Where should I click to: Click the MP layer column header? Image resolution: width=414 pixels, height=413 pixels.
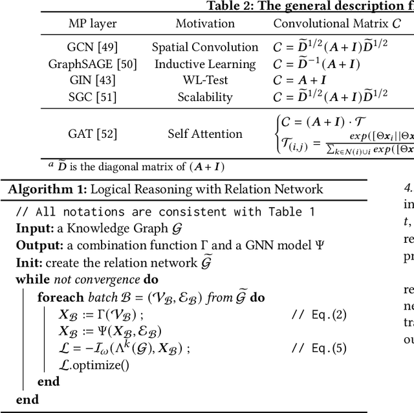(x=93, y=23)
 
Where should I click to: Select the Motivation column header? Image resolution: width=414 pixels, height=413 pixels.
(x=205, y=23)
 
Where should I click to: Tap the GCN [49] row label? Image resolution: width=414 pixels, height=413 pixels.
(x=93, y=47)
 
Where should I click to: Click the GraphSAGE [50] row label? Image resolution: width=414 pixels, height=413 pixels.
(x=93, y=64)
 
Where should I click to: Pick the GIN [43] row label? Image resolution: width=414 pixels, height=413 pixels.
(x=93, y=80)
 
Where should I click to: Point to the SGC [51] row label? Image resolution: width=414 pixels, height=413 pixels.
(x=93, y=97)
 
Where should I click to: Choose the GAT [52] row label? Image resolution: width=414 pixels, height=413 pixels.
(x=93, y=134)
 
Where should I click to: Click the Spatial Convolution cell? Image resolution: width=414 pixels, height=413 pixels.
(x=205, y=47)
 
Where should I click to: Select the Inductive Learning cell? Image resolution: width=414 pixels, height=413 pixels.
(x=205, y=64)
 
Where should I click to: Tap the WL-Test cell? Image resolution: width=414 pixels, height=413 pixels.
(x=205, y=80)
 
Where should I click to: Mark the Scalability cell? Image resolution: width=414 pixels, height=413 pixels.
(x=205, y=97)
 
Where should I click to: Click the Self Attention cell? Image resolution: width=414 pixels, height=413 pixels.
(x=205, y=134)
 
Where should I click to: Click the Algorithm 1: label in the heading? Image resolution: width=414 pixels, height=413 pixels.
(x=47, y=189)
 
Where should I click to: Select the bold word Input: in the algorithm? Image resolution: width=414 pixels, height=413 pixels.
(x=34, y=229)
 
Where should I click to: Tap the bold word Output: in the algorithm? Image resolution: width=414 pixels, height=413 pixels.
(x=38, y=246)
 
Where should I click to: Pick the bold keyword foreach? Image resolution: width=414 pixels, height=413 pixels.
(x=60, y=297)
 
